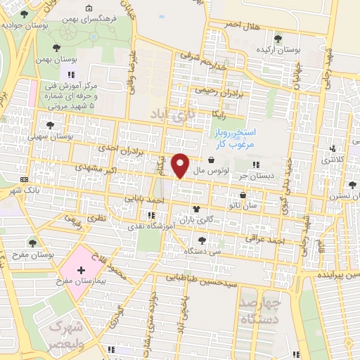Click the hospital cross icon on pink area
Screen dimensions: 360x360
(81, 269)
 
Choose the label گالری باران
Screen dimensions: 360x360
(216, 219)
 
